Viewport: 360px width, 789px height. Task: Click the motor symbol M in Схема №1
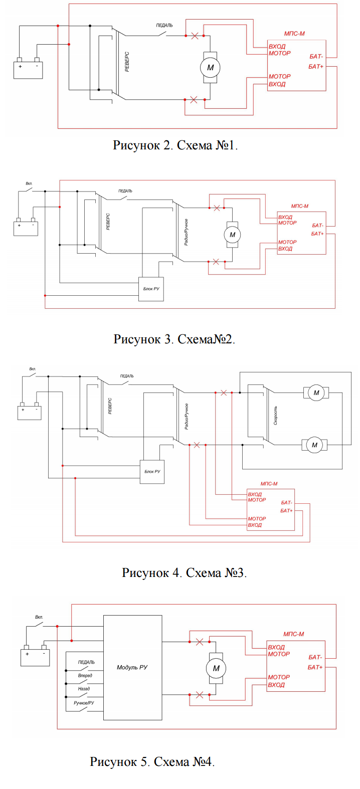coord(210,68)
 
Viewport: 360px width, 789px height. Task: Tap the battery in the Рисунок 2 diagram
coord(28,70)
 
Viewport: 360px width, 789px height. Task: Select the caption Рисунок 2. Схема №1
coord(175,145)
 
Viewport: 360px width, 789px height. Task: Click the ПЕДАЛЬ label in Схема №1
coord(164,25)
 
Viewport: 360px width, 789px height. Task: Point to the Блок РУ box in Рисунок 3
coord(151,289)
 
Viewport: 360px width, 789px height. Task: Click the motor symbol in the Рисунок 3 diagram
coord(232,235)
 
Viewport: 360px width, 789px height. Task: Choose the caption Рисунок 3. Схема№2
coord(174,339)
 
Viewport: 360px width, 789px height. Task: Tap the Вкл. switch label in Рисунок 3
coord(29,183)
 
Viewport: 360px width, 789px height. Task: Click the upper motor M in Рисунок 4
coord(316,392)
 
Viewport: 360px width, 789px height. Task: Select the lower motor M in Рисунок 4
coord(314,445)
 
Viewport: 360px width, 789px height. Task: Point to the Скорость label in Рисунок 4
coord(275,416)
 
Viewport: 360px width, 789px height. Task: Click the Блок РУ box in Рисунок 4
coord(152,472)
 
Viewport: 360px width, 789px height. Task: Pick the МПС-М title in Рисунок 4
coord(269,484)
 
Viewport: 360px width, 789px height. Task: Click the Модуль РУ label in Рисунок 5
coord(132,667)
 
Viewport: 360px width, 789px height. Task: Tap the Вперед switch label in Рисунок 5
coord(85,676)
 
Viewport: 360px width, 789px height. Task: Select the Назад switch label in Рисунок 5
coord(84,689)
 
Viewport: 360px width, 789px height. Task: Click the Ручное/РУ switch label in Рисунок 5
coord(84,703)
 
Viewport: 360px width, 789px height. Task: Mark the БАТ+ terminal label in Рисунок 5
coord(315,667)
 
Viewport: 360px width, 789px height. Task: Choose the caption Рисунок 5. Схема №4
coord(152,762)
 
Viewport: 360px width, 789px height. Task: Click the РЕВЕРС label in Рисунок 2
coord(127,62)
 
